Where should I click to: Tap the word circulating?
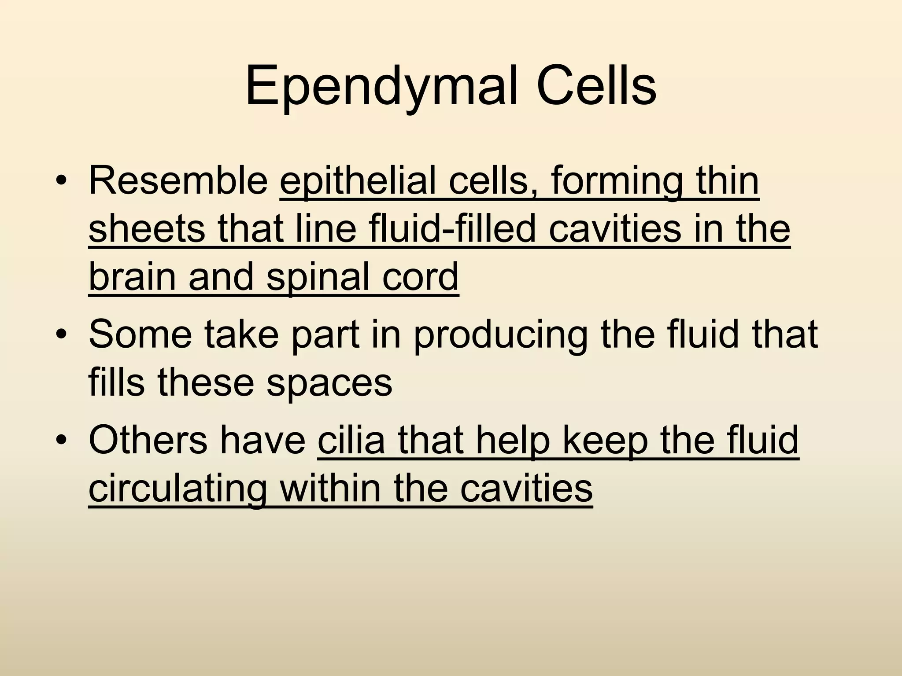click(x=178, y=489)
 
